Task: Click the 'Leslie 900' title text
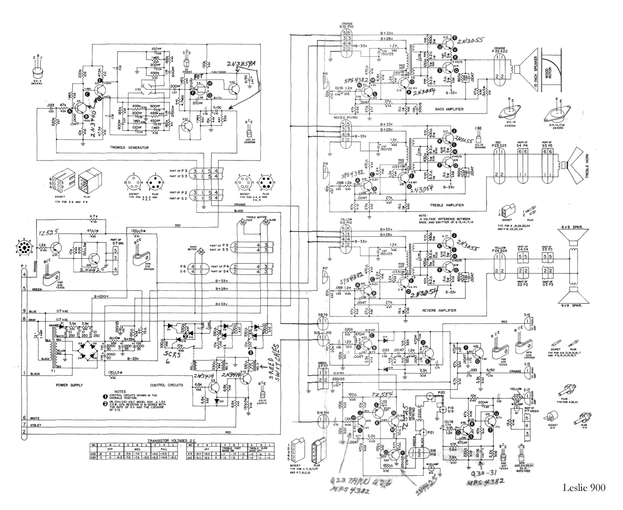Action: coord(584,488)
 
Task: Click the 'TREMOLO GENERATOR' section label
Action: coord(130,147)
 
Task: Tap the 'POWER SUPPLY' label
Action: coord(69,385)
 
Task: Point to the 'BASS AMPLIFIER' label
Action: coord(449,109)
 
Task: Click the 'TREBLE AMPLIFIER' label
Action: coord(447,205)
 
